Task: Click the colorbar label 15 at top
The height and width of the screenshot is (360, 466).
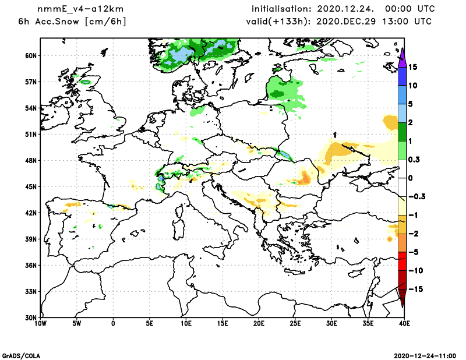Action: (x=412, y=67)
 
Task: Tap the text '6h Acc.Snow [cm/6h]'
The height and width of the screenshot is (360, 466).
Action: (x=72, y=22)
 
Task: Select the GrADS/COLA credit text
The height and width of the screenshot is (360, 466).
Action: (x=22, y=355)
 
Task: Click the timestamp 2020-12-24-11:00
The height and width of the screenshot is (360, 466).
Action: (x=429, y=355)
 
